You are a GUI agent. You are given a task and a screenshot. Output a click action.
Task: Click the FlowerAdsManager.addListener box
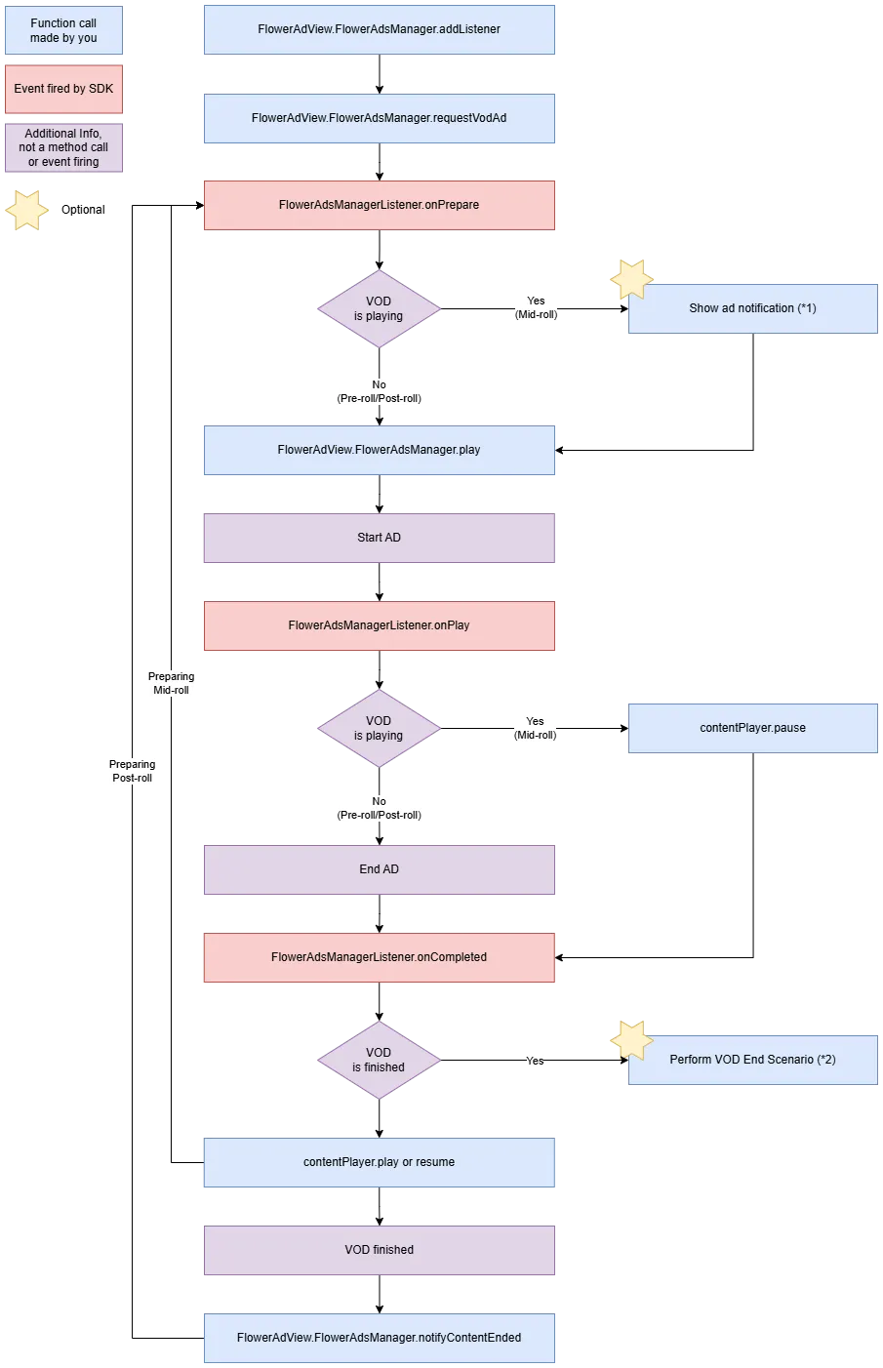[x=379, y=29]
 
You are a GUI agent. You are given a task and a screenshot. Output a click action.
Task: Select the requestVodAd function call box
[x=379, y=118]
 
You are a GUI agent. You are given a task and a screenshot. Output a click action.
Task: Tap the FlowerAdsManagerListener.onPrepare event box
[x=379, y=205]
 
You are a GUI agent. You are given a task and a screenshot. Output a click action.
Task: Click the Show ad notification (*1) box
[x=752, y=308]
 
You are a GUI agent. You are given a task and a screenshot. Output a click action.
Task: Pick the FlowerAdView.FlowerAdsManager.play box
[x=379, y=450]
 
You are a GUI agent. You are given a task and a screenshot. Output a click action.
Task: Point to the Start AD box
[x=379, y=538]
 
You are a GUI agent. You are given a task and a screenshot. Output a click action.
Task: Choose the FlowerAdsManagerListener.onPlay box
[x=379, y=625]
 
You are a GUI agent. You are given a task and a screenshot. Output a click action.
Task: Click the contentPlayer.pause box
[x=752, y=728]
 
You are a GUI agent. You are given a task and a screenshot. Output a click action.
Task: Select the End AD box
[x=379, y=869]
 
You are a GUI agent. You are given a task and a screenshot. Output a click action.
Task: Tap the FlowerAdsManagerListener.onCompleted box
[x=379, y=957]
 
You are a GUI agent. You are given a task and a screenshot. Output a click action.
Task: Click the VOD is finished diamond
[x=379, y=1060]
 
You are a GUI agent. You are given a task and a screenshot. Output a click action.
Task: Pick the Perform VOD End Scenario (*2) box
[x=752, y=1060]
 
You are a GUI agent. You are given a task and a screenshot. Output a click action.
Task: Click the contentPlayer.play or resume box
[x=379, y=1162]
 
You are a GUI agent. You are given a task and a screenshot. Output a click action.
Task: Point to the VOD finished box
[x=379, y=1250]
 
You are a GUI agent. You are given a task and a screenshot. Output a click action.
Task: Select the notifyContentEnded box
[x=379, y=1338]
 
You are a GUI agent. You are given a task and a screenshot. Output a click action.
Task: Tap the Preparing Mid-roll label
[x=171, y=683]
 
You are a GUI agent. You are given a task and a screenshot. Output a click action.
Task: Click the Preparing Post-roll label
[x=132, y=771]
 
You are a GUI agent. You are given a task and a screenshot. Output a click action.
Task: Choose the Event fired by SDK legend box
[x=63, y=89]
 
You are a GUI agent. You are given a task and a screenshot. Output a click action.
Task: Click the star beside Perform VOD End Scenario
[x=631, y=1040]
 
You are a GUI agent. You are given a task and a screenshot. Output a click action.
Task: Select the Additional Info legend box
[x=63, y=147]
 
